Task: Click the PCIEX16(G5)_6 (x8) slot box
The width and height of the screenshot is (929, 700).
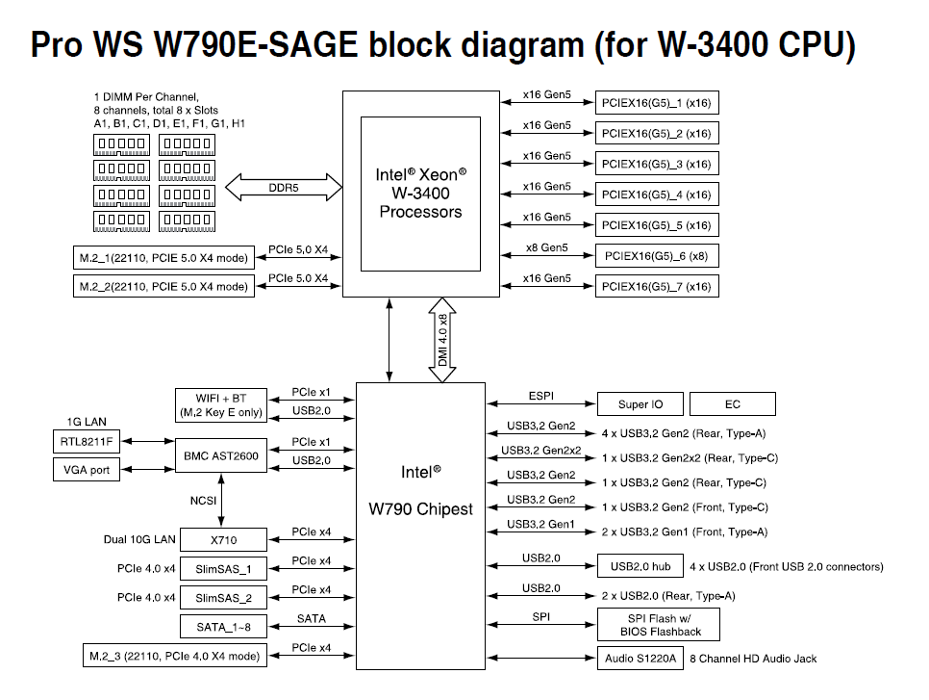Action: [657, 256]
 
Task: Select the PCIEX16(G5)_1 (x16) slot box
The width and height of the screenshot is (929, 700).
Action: [657, 103]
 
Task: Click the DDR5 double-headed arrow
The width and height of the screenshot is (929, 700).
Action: [284, 188]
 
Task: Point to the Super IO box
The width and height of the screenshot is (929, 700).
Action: [634, 404]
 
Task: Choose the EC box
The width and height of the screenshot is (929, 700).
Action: [733, 404]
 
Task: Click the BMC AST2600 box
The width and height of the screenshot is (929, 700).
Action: [221, 456]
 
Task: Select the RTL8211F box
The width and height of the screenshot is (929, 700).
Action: [87, 442]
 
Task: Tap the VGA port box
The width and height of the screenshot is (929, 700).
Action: [87, 470]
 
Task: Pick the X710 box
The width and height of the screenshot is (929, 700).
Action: [221, 540]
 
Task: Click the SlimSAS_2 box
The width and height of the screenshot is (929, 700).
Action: [223, 598]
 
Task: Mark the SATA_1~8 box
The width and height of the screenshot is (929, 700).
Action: [223, 627]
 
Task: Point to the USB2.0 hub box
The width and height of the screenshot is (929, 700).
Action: [634, 566]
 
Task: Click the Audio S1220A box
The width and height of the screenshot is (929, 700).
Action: [638, 658]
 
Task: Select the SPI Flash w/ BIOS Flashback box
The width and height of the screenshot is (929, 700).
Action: [657, 625]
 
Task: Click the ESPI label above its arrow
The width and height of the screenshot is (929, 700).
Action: [541, 396]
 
